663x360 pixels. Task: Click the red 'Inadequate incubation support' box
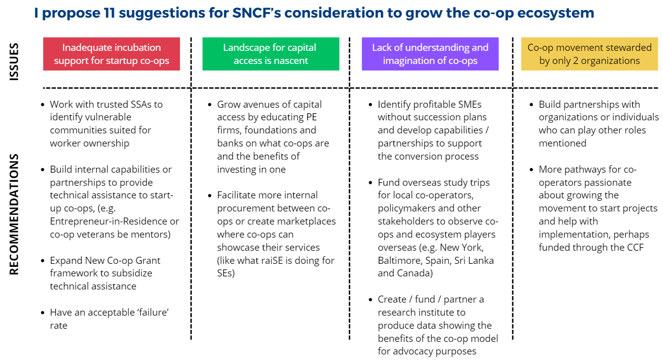coord(111,54)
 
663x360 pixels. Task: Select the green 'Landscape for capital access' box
coord(271,54)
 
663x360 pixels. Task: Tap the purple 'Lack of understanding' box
coord(430,54)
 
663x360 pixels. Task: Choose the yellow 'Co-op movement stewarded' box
coord(589,54)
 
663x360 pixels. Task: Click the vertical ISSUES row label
coord(14,62)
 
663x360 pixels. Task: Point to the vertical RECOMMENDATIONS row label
coord(14,214)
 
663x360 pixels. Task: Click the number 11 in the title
coord(109,13)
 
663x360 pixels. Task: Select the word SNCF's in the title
coord(256,13)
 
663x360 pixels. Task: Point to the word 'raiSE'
coord(273,260)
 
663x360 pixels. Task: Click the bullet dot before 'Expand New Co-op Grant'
coord(43,261)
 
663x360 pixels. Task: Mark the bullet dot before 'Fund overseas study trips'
coord(370,183)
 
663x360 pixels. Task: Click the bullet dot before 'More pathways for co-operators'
coord(532,170)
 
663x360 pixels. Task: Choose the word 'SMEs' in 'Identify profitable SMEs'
coord(470,104)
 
